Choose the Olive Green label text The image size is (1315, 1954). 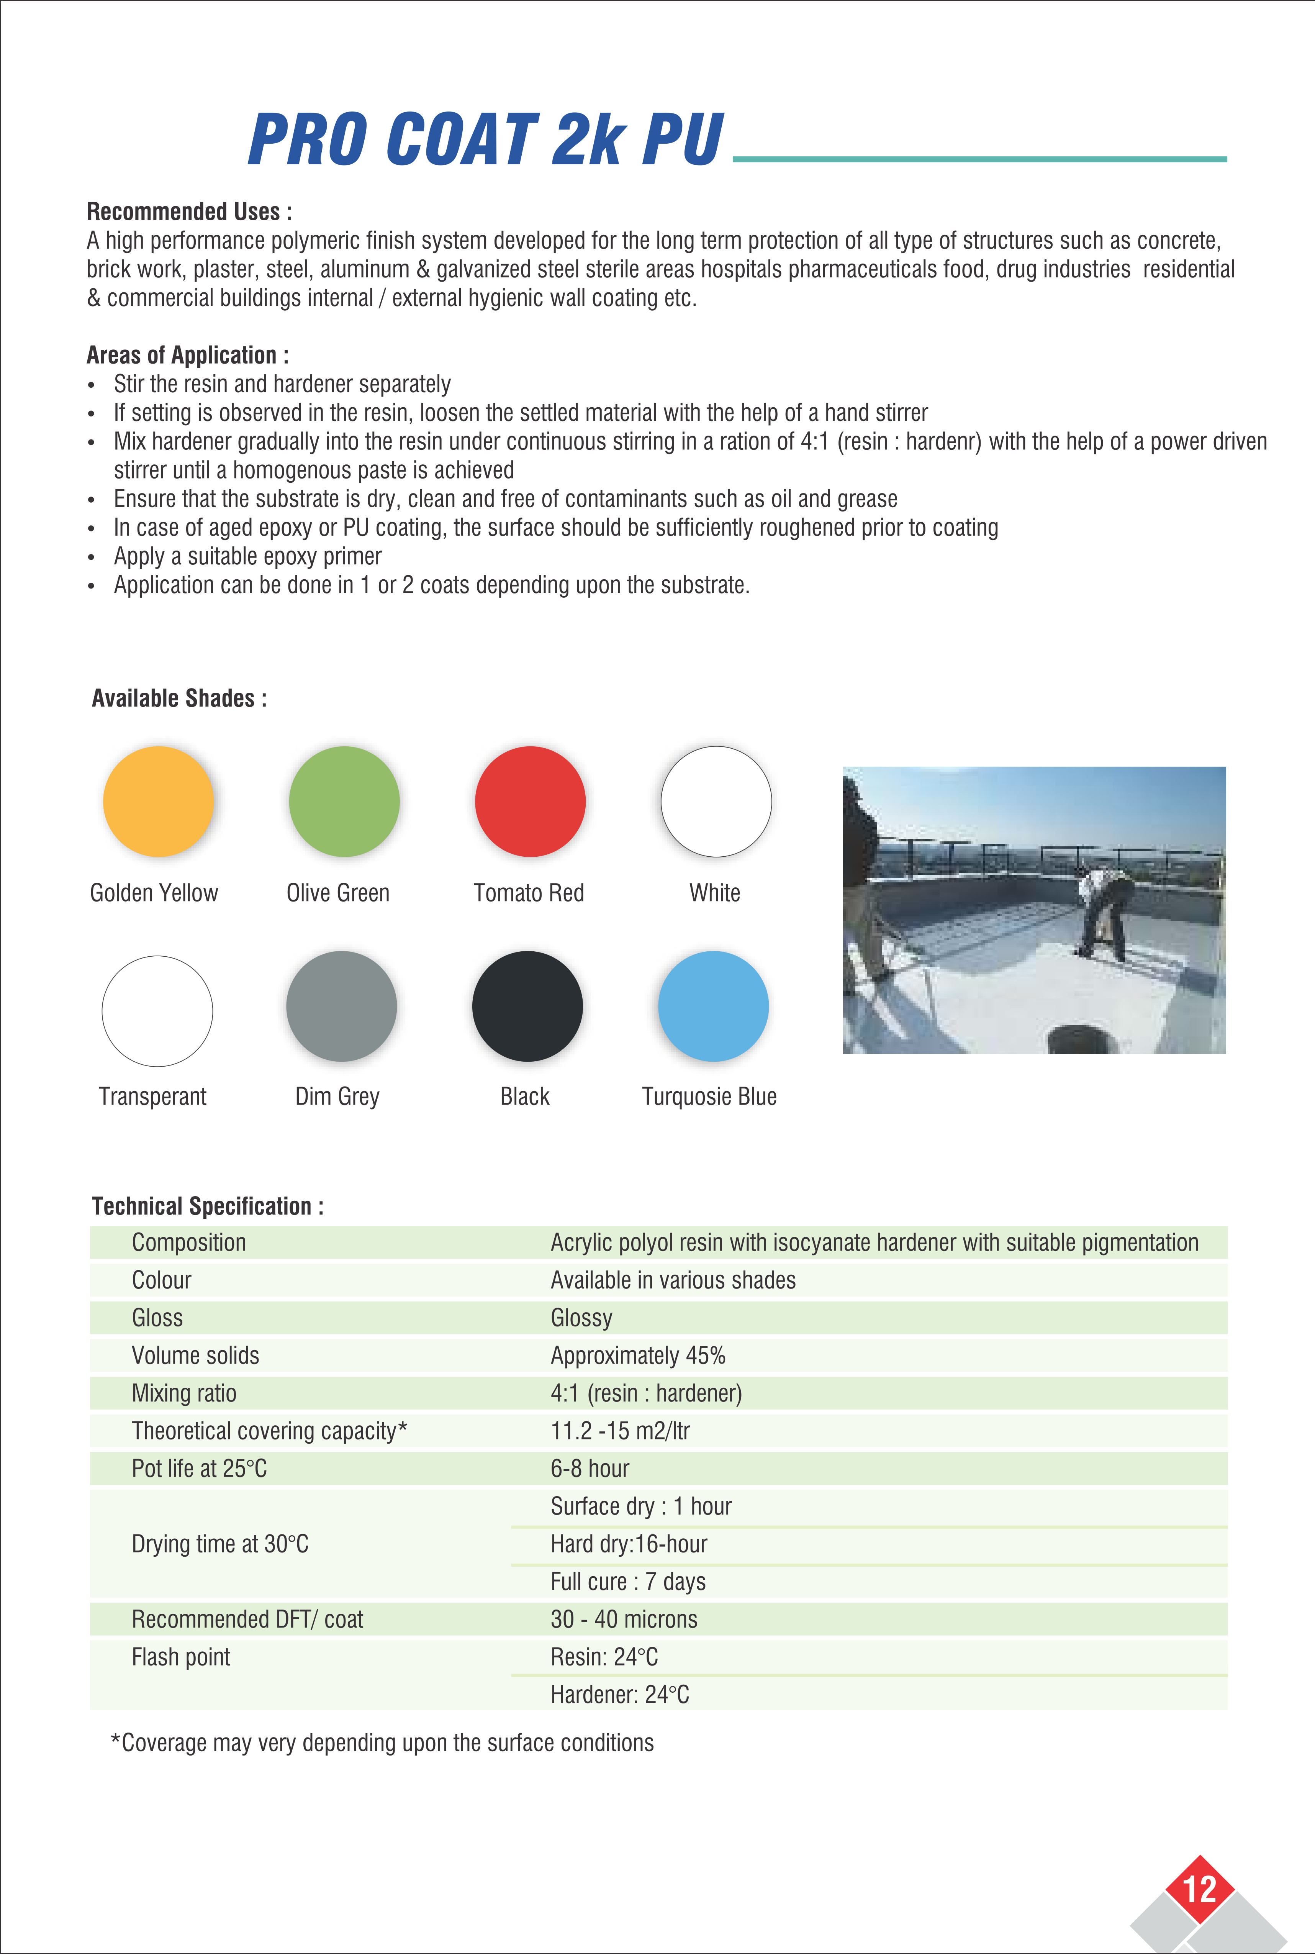click(x=338, y=893)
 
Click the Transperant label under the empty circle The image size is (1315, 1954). click(x=152, y=1097)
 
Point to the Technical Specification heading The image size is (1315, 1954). click(x=207, y=1206)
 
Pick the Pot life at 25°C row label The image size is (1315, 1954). click(x=200, y=1469)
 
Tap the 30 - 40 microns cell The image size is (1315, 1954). click(x=624, y=1620)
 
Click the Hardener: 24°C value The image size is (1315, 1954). click(x=620, y=1695)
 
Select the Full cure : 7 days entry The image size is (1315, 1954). click(x=628, y=1582)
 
